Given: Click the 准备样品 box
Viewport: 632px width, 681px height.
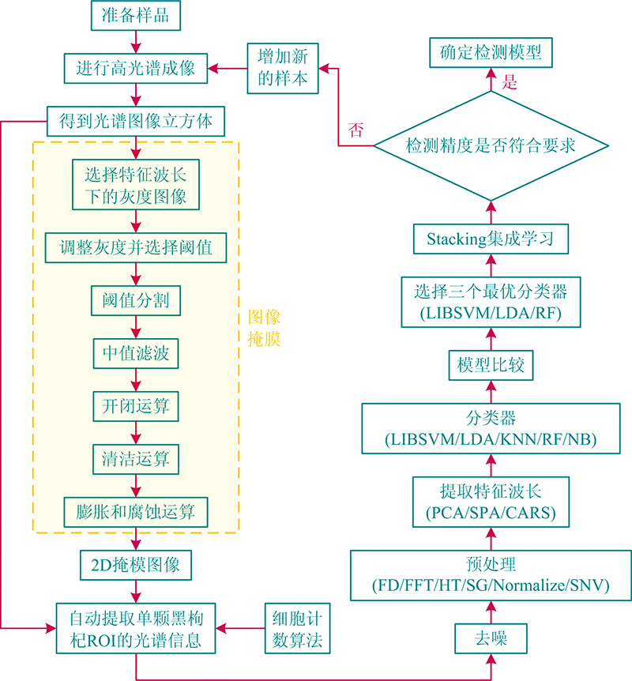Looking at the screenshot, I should [x=136, y=16].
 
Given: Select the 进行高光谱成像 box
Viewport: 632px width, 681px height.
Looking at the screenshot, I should [x=136, y=67].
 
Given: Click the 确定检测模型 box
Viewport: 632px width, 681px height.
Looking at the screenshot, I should [x=490, y=54].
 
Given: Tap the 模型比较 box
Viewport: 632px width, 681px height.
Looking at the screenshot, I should [x=490, y=366].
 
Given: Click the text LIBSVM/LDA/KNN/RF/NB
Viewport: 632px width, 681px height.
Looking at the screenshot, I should [x=490, y=439].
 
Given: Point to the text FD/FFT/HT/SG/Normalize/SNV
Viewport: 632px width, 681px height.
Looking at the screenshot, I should [x=490, y=587].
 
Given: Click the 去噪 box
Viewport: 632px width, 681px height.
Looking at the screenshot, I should [x=490, y=637].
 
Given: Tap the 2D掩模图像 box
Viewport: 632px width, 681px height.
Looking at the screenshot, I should [x=136, y=565].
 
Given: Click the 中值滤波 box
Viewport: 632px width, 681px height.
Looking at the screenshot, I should [x=136, y=353].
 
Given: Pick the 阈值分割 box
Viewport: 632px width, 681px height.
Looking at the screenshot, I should [x=136, y=300].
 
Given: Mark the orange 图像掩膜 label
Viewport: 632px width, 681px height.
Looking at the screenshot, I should [x=264, y=328].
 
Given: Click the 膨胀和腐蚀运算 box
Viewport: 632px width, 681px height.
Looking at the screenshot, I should [x=136, y=511].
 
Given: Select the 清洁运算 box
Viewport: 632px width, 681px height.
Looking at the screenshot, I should [x=136, y=458].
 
